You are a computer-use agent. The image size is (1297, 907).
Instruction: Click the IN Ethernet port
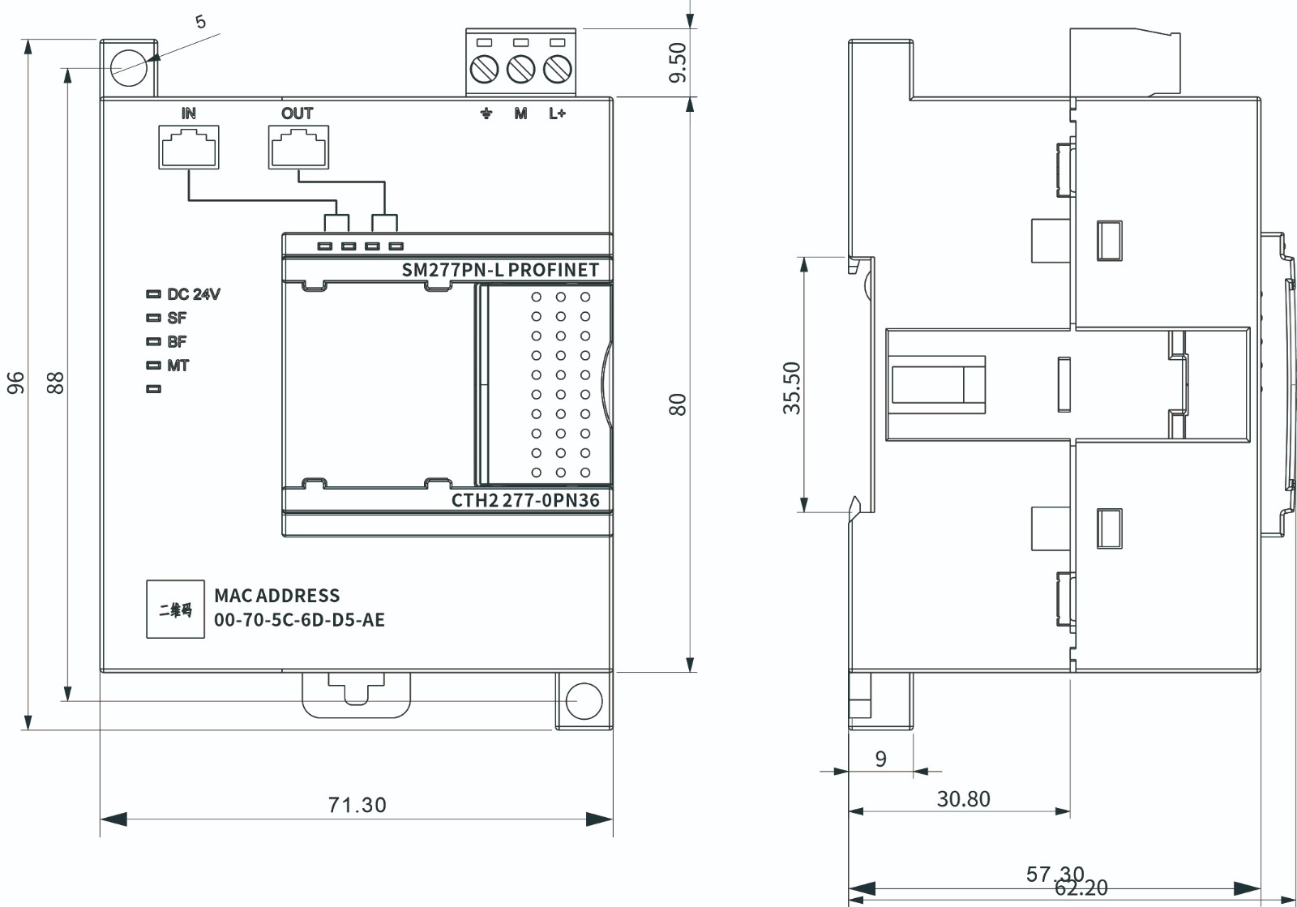coord(189,148)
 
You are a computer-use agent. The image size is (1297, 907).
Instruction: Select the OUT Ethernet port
coord(298,148)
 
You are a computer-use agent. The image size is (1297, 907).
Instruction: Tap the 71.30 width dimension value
coord(357,805)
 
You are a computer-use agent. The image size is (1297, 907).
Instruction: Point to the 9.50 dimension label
coord(678,62)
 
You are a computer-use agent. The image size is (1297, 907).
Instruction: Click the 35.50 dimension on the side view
coord(792,387)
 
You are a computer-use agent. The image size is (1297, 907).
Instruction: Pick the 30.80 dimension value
coord(963,799)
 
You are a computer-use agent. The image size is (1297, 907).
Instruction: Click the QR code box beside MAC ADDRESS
coord(175,610)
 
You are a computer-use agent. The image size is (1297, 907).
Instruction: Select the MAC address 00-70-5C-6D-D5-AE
coord(299,620)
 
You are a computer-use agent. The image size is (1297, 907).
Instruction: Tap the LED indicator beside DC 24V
coord(153,294)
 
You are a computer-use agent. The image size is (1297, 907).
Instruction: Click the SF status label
coord(177,318)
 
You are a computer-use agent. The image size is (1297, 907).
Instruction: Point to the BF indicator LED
coord(153,342)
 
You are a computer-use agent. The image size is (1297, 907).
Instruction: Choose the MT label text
coord(178,366)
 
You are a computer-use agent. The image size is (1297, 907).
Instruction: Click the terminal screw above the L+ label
coord(557,70)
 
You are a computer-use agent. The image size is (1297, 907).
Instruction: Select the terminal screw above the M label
coord(520,70)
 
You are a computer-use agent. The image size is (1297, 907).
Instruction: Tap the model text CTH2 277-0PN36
coord(525,500)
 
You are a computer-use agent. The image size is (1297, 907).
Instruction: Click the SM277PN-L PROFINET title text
coord(500,270)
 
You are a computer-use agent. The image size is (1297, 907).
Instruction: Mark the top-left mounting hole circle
coord(128,66)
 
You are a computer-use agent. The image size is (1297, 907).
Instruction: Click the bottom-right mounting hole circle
coord(584,701)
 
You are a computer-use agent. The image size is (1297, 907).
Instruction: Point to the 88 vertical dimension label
coord(55,383)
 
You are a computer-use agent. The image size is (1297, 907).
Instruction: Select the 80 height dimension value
coord(678,404)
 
